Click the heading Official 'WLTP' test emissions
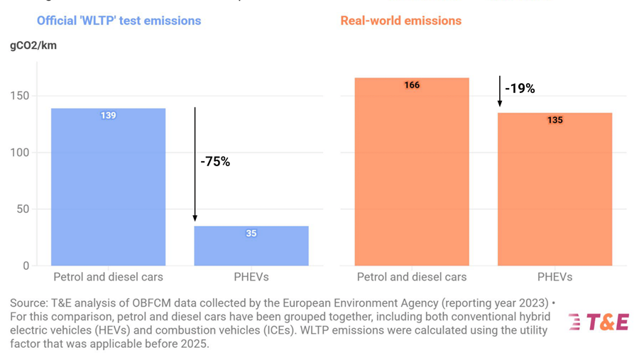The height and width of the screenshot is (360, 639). [119, 21]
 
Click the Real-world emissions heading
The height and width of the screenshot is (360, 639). [400, 21]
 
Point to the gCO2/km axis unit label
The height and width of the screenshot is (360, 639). [33, 45]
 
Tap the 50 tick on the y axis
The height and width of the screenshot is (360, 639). [23, 209]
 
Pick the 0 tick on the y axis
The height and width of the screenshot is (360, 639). [26, 266]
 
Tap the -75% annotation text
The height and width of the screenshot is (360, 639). [215, 162]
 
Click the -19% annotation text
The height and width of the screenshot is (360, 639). [520, 89]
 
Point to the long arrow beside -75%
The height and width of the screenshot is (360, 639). [195, 163]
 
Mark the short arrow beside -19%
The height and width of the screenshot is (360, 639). [500, 91]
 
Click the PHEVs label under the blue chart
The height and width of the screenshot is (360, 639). [251, 277]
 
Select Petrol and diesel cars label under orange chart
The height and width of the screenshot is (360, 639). [412, 277]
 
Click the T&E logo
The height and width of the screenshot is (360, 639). [598, 322]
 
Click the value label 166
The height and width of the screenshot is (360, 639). [412, 85]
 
